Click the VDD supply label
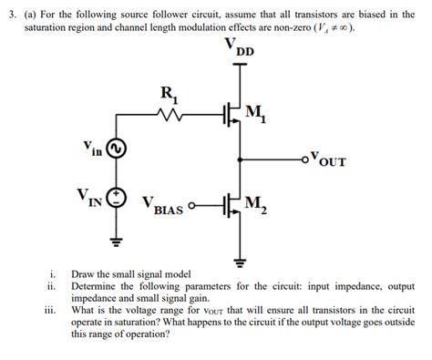tap(239, 50)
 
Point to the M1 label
tap(258, 112)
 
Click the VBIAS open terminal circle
tap(195, 207)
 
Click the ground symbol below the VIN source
tap(117, 242)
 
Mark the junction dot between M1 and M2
tap(240, 161)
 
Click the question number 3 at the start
tap(15, 15)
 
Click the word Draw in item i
tap(84, 273)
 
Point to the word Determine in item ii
tap(97, 285)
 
